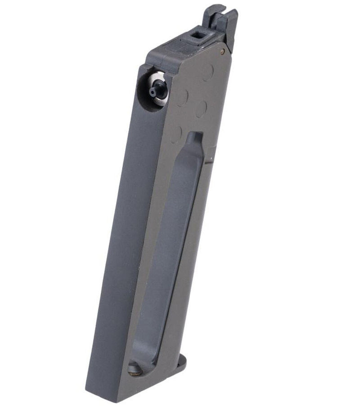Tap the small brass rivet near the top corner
click(x=222, y=52)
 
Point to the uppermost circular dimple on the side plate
click(x=207, y=72)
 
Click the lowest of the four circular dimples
click(x=176, y=134)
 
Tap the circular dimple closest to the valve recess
click(x=182, y=98)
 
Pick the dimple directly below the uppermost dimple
click(x=201, y=108)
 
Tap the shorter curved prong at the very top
click(x=211, y=14)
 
